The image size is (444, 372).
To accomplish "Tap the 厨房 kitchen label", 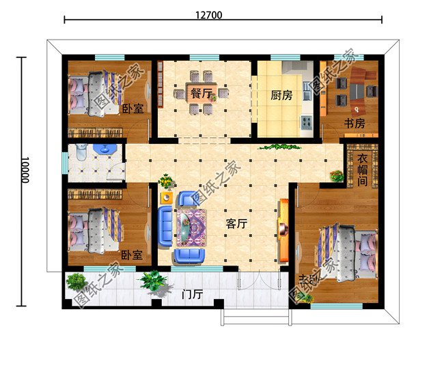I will [282, 96].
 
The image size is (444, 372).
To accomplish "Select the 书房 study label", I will [354, 124].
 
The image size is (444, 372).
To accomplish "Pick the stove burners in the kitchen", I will [307, 124].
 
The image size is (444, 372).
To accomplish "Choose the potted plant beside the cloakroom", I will [337, 175].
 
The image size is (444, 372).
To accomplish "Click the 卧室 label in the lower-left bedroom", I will [132, 255].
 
